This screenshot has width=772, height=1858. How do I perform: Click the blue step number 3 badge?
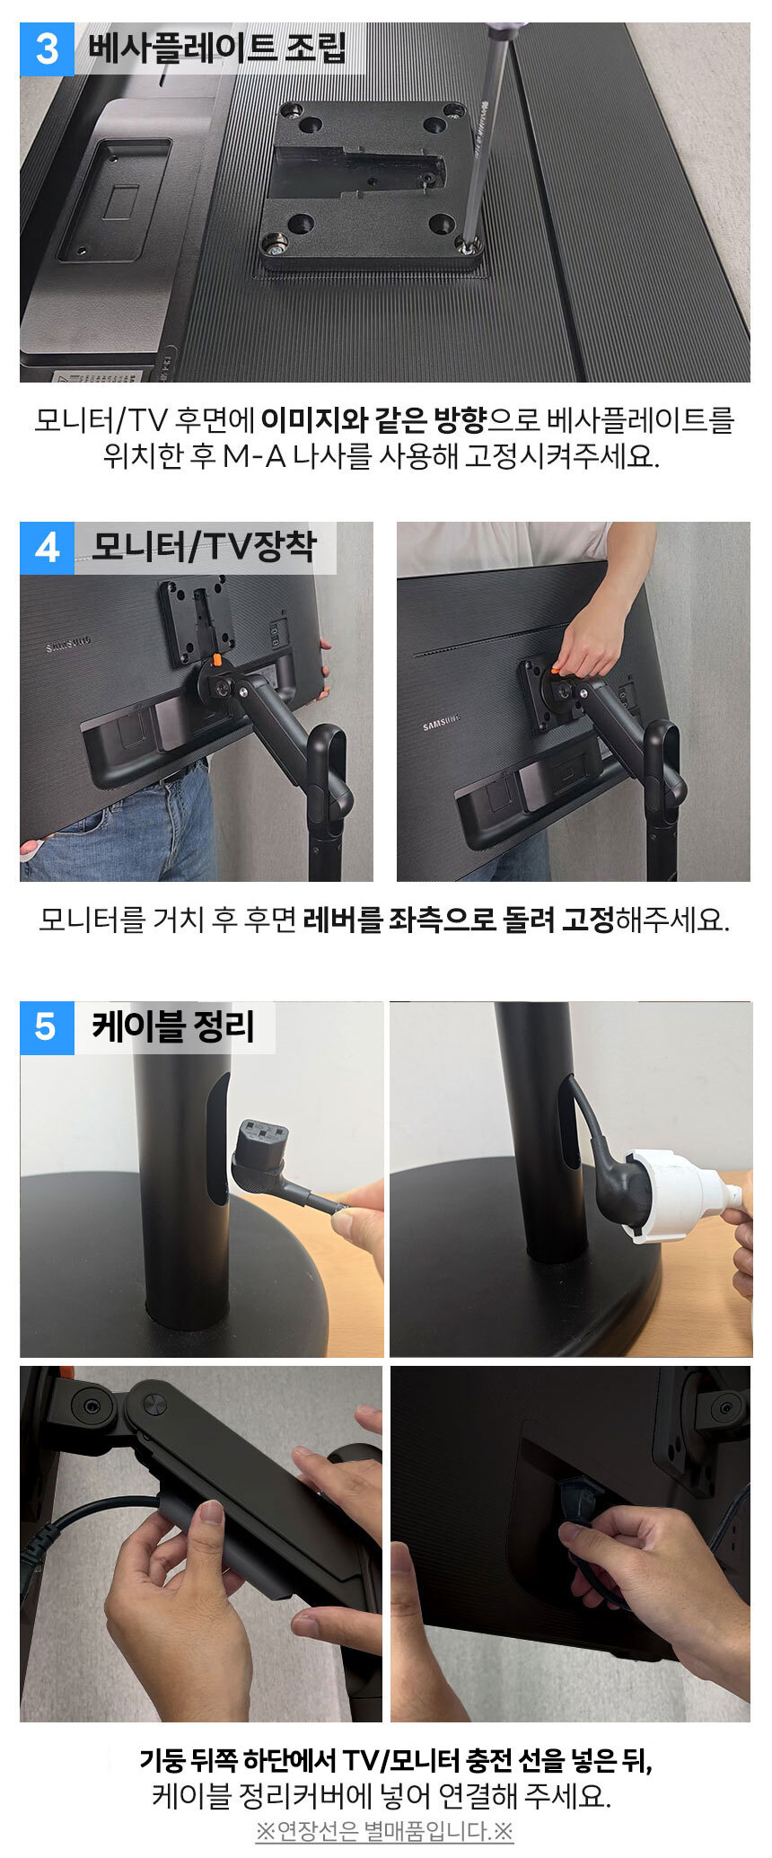pyautogui.click(x=47, y=48)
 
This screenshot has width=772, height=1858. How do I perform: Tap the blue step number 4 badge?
pyautogui.click(x=47, y=548)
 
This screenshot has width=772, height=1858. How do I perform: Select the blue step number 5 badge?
pyautogui.click(x=47, y=1027)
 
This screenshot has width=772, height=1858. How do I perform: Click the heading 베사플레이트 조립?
pyautogui.click(x=216, y=48)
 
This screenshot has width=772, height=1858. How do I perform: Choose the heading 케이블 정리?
pyautogui.click(x=173, y=1026)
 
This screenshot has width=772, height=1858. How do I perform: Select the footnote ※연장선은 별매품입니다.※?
pyautogui.click(x=384, y=1830)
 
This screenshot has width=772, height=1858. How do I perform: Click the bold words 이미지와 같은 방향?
pyautogui.click(x=373, y=419)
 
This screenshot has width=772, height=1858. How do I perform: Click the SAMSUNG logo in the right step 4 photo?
pyautogui.click(x=442, y=720)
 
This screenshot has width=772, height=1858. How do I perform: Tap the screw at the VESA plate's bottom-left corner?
pyautogui.click(x=274, y=242)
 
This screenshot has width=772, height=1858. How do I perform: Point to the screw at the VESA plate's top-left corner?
pyautogui.click(x=290, y=111)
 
